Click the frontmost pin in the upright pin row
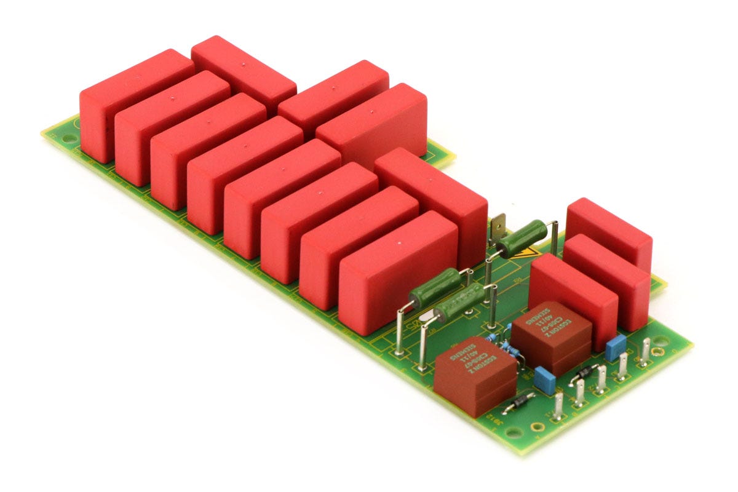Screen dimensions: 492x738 (x=558, y=407)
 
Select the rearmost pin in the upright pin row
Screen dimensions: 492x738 (x=645, y=352)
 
